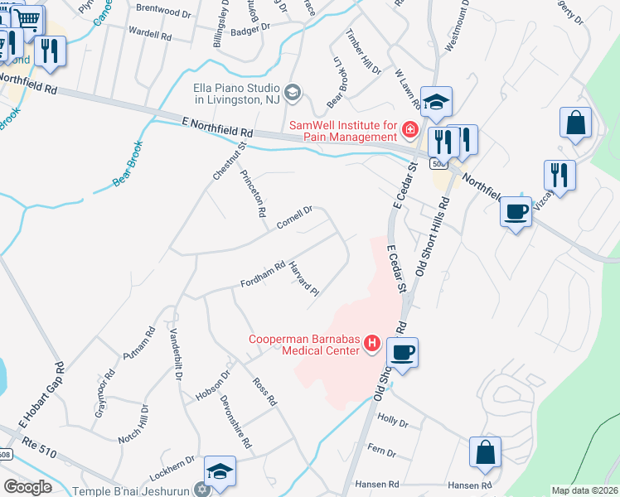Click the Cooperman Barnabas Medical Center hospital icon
(x=372, y=342)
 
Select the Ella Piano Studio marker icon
(x=291, y=92)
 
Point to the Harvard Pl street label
(x=303, y=278)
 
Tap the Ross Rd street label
(x=264, y=392)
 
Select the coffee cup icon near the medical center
(x=403, y=352)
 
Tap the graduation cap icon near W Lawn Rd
(x=436, y=102)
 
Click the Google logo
(x=28, y=487)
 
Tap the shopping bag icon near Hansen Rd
(x=485, y=452)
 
